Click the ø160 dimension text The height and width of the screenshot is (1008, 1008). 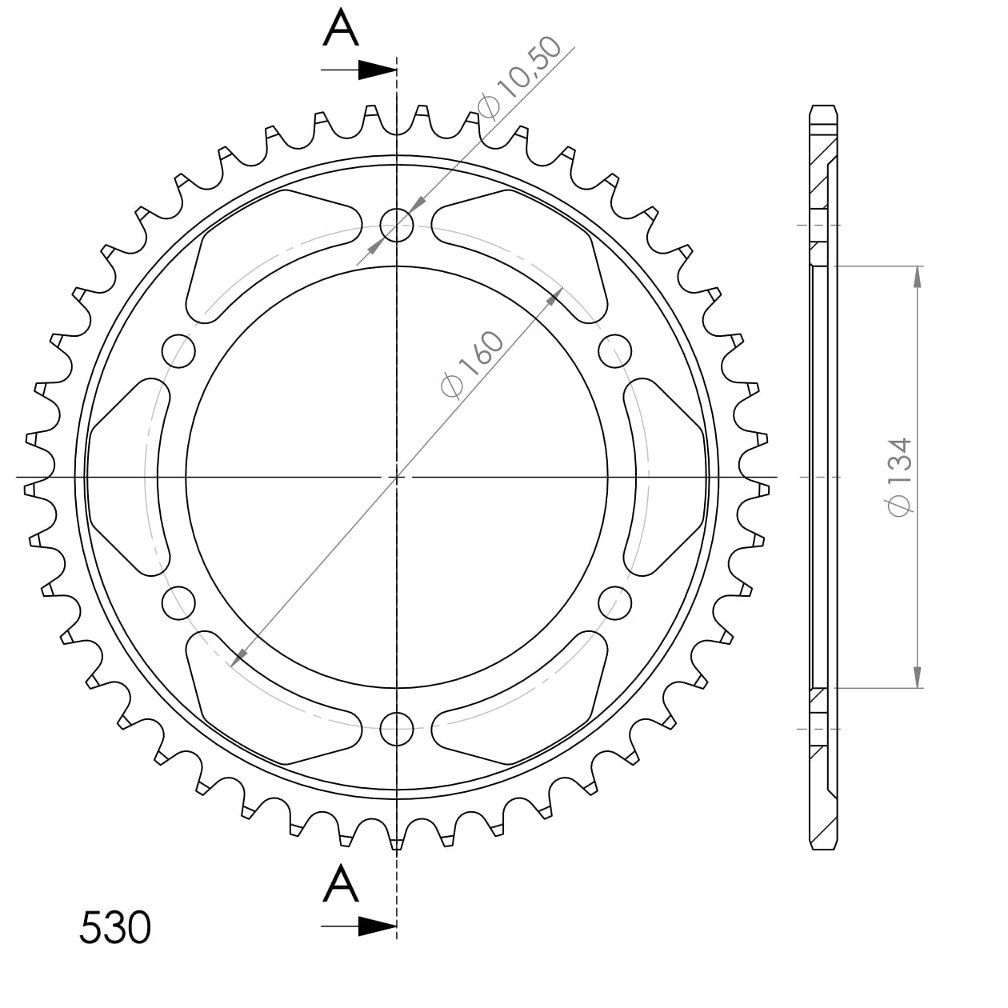coord(474,364)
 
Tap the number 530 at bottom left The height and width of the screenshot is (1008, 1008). coord(115,928)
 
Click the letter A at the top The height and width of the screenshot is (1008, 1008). coord(341,30)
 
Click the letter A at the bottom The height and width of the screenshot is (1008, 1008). coord(341,885)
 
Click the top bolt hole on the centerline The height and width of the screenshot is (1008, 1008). coord(397,225)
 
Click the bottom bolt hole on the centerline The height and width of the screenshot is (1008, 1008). coord(397,727)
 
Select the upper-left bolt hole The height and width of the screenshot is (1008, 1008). coord(179,350)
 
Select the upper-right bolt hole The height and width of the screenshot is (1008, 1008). coord(614,350)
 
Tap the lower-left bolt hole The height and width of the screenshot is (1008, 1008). coord(179,602)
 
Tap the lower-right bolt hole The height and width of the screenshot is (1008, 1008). coord(614,602)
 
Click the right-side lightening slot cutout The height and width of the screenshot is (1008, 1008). coord(666,476)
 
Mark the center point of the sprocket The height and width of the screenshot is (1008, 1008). coord(397,477)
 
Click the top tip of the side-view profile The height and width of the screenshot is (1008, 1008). coord(823,107)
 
